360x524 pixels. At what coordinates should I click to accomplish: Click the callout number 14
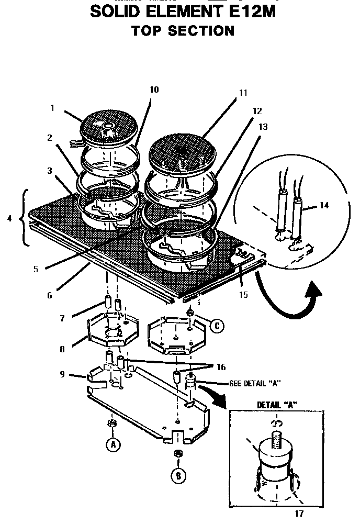point(324,205)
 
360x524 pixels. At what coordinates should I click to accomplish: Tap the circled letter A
point(112,445)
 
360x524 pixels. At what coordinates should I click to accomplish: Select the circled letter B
point(178,475)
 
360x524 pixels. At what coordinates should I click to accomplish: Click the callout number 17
point(299,514)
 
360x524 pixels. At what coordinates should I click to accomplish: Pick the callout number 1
point(53,108)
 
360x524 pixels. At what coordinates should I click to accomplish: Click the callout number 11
point(243,93)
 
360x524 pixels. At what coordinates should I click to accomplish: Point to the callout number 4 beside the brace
point(9,218)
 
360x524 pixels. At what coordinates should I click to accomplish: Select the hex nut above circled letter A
point(111,422)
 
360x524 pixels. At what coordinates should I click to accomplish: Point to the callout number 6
point(49,295)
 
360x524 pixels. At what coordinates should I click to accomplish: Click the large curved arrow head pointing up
point(314,291)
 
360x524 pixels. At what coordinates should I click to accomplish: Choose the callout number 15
point(243,295)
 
